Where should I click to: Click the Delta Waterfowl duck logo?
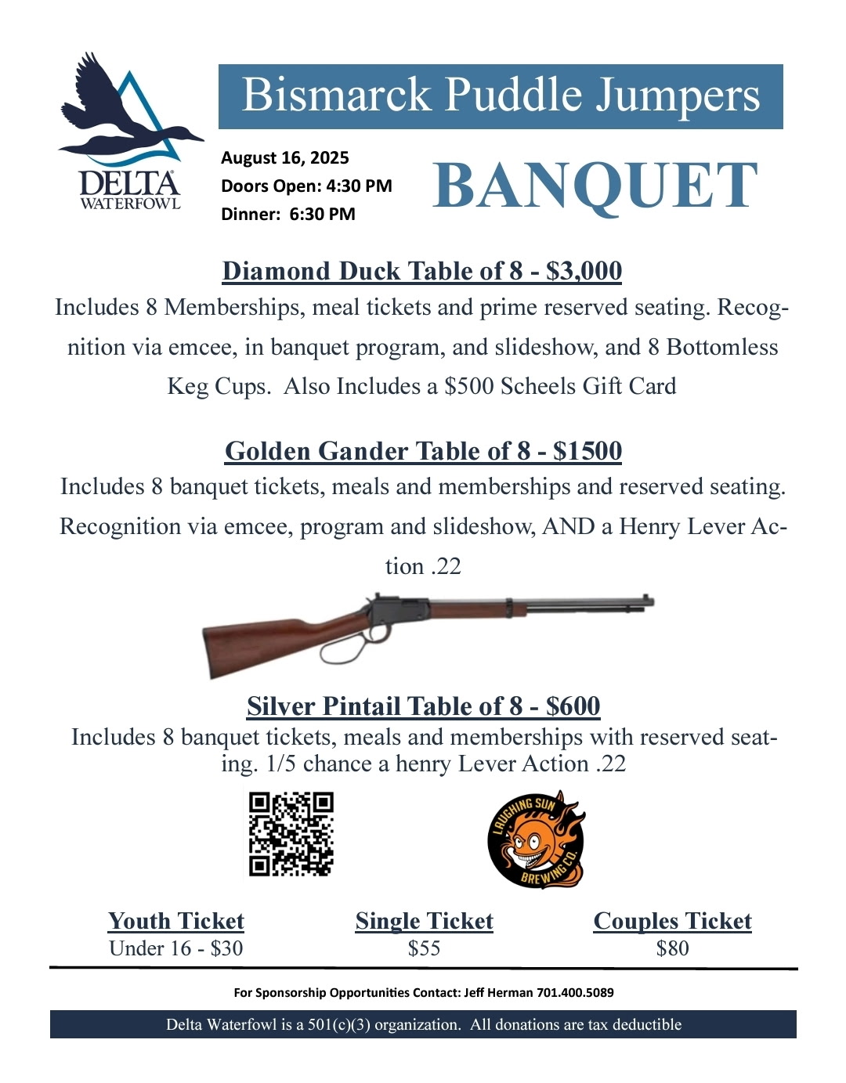click(129, 129)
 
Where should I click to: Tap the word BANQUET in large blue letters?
click(595, 186)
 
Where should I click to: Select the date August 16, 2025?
click(284, 158)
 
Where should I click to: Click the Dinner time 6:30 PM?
click(322, 215)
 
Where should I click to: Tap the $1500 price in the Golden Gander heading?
click(587, 452)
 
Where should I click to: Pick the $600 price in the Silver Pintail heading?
click(573, 706)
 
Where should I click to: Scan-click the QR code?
click(291, 834)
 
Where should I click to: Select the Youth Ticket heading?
click(176, 921)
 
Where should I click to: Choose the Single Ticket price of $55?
click(424, 948)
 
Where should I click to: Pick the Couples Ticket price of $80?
click(672, 948)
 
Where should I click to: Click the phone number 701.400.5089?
click(575, 993)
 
